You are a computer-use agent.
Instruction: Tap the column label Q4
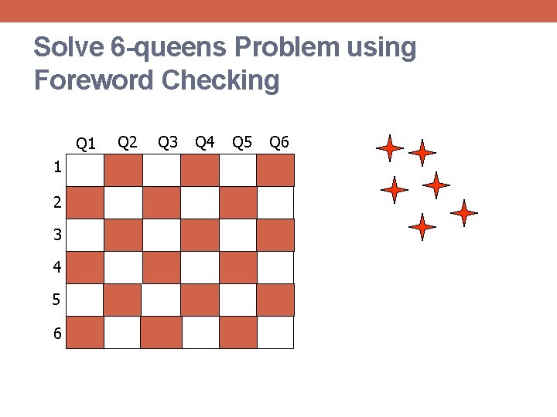(205, 142)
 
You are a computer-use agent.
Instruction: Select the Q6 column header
(278, 142)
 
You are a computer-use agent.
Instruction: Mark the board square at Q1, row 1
(85, 171)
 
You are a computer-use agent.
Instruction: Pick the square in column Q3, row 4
(162, 267)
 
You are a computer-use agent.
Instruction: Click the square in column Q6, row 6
(275, 332)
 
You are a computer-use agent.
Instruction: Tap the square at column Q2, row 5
(123, 300)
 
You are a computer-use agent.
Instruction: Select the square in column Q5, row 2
(237, 202)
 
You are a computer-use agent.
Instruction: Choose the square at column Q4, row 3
(200, 235)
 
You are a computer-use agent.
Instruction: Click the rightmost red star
(464, 212)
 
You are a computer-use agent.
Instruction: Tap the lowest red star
(422, 227)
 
